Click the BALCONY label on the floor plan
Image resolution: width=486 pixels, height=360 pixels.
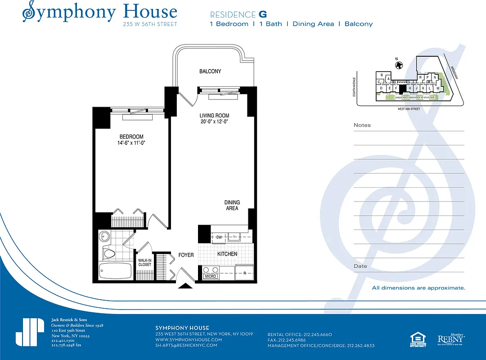tap(210, 72)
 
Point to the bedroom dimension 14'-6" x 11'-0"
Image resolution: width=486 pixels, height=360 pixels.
tap(131, 143)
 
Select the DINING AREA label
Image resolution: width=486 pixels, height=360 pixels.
tap(232, 205)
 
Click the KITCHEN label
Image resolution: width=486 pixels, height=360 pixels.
tap(227, 254)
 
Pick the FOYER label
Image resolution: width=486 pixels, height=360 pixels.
tap(186, 255)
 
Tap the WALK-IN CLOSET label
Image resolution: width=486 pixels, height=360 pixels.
tap(144, 262)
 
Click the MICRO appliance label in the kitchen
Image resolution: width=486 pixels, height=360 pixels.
tap(210, 276)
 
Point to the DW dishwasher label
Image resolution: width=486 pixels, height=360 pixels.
tap(219, 237)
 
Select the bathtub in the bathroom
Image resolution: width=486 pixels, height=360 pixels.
tap(115, 271)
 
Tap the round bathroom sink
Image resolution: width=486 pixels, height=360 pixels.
tap(105, 236)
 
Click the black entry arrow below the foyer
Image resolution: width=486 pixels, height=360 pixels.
tap(184, 285)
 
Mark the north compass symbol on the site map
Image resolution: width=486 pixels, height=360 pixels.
tap(398, 65)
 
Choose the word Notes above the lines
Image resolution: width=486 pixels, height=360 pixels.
tap(362, 125)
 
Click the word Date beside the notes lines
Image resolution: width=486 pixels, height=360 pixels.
tap(360, 266)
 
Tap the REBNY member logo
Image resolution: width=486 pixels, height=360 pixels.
tap(451, 338)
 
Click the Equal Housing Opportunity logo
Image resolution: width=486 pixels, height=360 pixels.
tap(417, 338)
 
